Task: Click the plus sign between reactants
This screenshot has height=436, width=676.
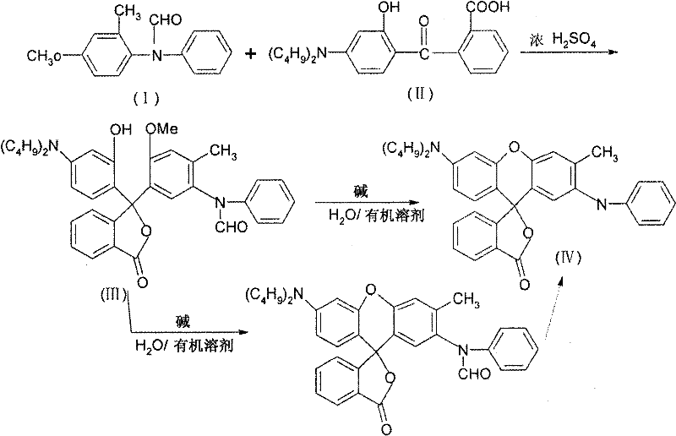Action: [251, 55]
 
